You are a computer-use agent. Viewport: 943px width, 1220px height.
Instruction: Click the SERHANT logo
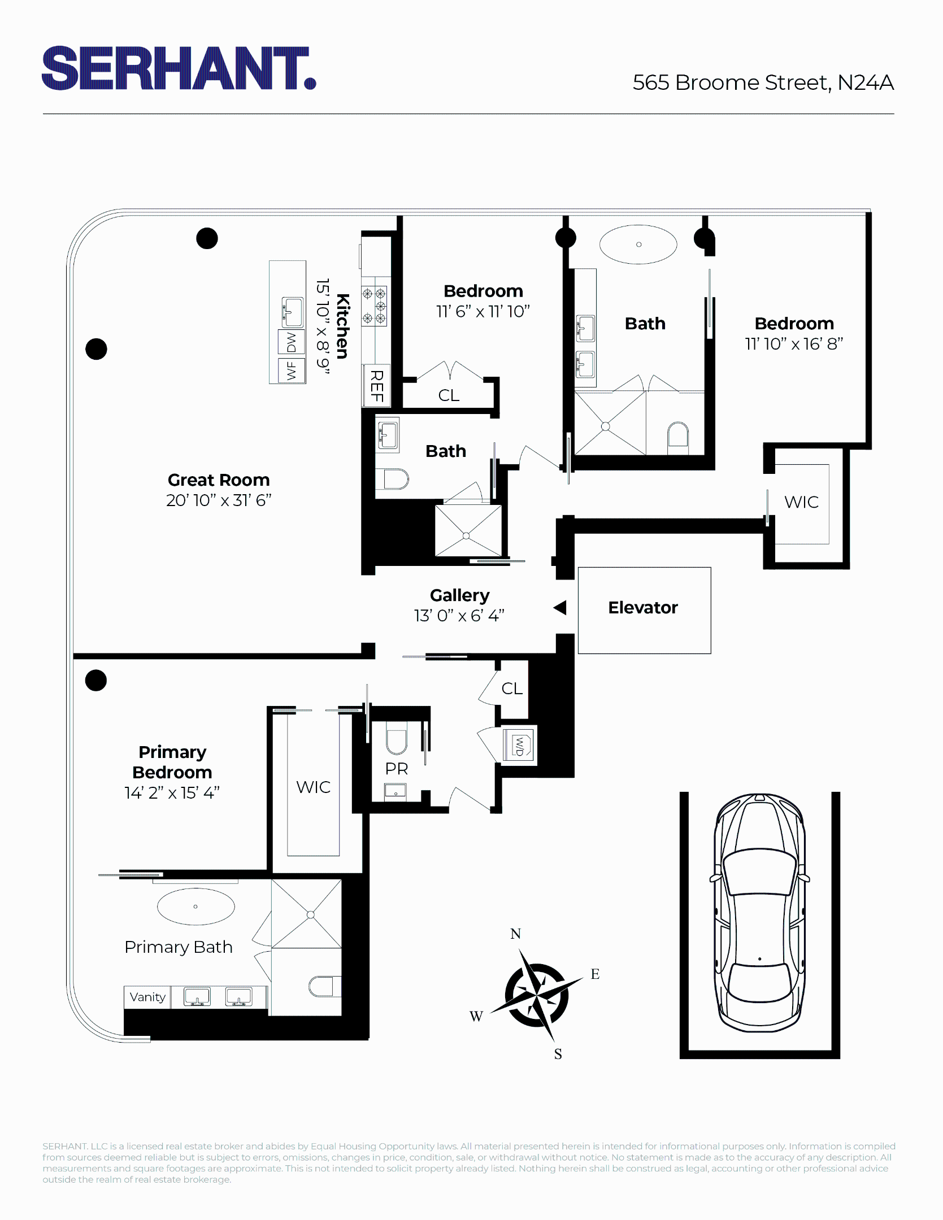click(x=178, y=68)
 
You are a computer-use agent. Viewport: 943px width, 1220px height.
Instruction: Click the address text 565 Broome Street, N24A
click(x=763, y=82)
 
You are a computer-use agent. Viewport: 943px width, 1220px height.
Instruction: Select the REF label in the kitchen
click(x=376, y=386)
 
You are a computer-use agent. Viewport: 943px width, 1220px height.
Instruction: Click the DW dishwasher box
click(x=292, y=342)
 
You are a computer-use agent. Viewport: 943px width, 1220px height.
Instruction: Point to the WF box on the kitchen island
click(x=292, y=371)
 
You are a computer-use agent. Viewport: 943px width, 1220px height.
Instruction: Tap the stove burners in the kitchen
click(x=374, y=306)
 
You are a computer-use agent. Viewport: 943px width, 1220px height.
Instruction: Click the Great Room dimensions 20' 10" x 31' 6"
click(x=219, y=500)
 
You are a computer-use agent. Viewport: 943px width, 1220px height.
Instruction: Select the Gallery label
click(x=459, y=595)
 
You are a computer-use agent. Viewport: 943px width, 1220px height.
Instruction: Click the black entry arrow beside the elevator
click(x=560, y=608)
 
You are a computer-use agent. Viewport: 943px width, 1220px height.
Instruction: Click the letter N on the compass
click(x=515, y=934)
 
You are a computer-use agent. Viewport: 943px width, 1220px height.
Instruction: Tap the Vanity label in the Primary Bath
click(x=147, y=997)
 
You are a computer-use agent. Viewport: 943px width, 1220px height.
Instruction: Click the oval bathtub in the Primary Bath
click(x=195, y=907)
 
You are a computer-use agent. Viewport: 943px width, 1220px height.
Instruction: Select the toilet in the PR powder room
click(x=397, y=740)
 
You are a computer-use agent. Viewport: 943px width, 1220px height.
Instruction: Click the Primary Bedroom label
click(x=172, y=762)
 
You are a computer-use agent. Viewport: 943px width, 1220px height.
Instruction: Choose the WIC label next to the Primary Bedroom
click(x=313, y=787)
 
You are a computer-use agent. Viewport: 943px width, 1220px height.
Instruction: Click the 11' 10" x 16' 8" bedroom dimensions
click(x=794, y=344)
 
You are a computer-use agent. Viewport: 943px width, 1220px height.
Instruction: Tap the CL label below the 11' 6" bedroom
click(x=449, y=395)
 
